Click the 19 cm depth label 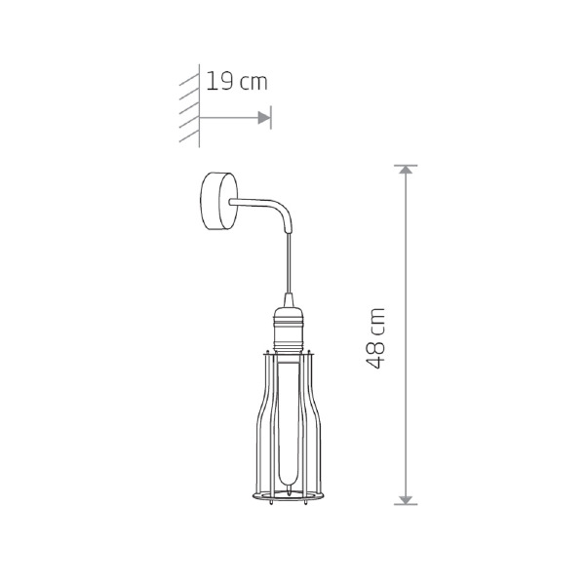(x=237, y=81)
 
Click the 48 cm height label (x=374, y=338)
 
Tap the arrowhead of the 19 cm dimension (x=264, y=118)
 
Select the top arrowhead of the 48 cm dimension (x=406, y=170)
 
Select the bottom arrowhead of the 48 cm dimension (x=406, y=500)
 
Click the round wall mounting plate (x=218, y=201)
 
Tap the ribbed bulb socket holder (x=288, y=330)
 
